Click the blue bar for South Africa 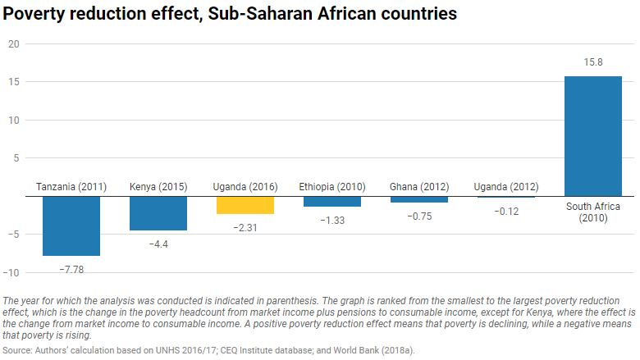(592, 136)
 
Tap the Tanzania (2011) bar (71, 226)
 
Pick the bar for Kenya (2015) (158, 213)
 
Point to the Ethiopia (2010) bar (331, 202)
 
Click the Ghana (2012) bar (418, 199)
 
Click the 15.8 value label (592, 62)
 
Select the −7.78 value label (71, 269)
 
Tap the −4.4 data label (158, 244)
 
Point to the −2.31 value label (245, 227)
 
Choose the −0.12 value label (505, 211)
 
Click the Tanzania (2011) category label (71, 187)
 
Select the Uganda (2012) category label (505, 187)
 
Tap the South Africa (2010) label (592, 212)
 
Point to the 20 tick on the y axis (13, 44)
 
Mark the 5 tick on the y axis (16, 158)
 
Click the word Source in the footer (19, 350)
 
